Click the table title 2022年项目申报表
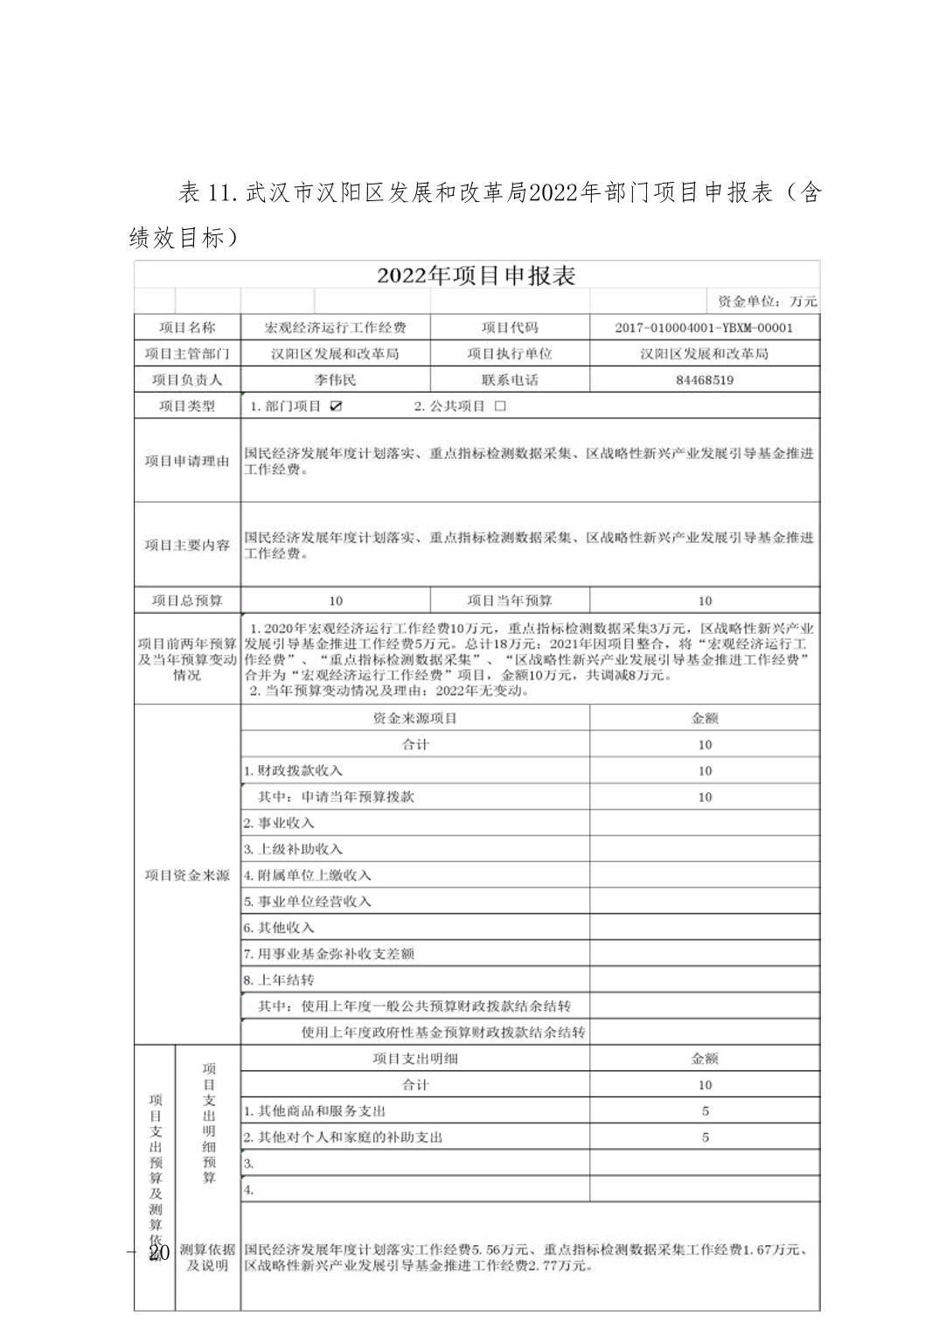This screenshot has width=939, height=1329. coord(476,275)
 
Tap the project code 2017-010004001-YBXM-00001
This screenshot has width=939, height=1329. coord(704,328)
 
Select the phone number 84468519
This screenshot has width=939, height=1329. coord(705,380)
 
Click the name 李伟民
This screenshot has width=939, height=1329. coord(336,380)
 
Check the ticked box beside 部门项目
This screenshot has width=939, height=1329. coord(337,407)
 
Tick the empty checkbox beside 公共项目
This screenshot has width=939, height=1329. coord(500,407)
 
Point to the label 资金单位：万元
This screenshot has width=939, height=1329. coord(767,302)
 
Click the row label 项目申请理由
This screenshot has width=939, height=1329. coord(187,461)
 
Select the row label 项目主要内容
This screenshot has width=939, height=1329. coord(187,545)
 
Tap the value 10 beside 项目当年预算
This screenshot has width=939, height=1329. coord(705,601)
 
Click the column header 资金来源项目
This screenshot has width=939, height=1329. coord(415,718)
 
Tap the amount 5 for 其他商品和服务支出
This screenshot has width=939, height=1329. coord(705,1111)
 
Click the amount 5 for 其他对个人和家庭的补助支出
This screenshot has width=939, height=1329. coord(705,1138)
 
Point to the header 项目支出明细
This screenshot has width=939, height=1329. coord(415,1059)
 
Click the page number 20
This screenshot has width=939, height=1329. coord(158,1253)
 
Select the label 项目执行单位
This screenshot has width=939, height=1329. coord(510,354)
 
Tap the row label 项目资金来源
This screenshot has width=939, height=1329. coord(187,875)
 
